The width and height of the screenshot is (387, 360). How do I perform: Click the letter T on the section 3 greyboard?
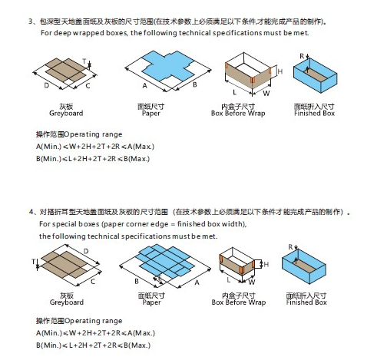[84, 61]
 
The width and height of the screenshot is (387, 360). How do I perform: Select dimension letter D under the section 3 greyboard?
[47, 85]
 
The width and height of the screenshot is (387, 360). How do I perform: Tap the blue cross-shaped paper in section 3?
[168, 66]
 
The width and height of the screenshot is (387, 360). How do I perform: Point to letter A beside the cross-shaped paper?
[145, 86]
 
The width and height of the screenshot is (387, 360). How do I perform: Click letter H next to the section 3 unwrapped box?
[280, 71]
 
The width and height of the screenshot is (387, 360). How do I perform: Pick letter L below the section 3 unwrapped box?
[234, 92]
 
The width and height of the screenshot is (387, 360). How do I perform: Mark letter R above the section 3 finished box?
[302, 56]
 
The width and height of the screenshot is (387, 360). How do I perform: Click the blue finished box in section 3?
[315, 75]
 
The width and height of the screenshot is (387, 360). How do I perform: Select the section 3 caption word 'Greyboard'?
[66, 114]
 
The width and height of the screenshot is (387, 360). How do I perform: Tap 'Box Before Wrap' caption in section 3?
[238, 114]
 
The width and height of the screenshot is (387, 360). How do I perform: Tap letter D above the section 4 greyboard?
[86, 251]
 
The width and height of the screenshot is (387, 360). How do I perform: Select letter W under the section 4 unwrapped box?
[252, 282]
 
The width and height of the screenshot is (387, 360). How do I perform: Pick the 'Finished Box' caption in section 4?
[306, 302]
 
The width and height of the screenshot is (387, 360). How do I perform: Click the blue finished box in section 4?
[304, 266]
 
